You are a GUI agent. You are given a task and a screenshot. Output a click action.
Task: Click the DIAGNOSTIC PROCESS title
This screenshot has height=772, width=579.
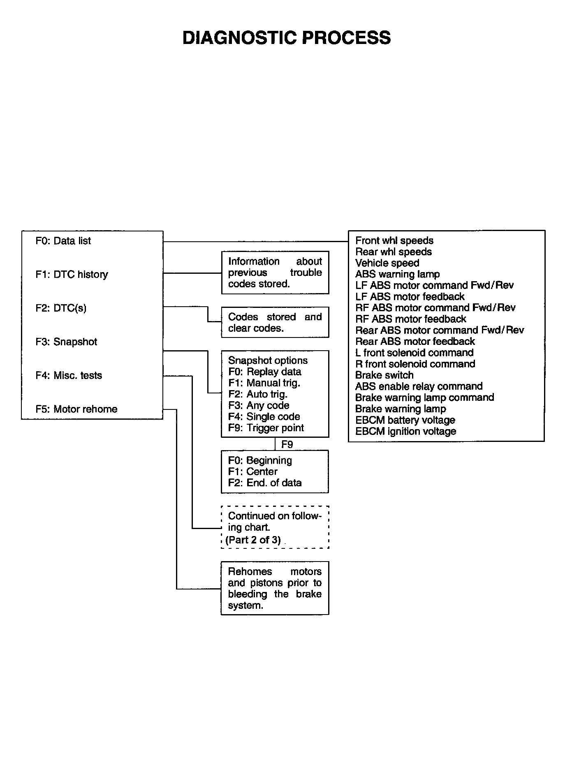(287, 38)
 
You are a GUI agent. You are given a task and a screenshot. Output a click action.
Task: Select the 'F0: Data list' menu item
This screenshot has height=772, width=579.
(63, 241)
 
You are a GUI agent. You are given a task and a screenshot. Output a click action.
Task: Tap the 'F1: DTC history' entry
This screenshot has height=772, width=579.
(72, 275)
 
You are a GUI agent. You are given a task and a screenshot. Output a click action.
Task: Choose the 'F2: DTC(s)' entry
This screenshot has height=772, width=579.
(61, 308)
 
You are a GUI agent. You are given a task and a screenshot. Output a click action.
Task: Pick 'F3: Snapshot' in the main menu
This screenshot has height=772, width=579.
(67, 342)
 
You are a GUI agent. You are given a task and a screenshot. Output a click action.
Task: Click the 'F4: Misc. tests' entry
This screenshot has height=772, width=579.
(69, 376)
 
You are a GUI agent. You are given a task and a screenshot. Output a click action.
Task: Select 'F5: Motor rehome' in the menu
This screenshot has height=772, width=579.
(76, 409)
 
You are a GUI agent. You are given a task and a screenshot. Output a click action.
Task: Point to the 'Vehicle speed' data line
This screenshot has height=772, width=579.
(387, 263)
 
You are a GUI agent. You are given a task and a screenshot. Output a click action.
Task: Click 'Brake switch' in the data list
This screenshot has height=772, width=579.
(384, 375)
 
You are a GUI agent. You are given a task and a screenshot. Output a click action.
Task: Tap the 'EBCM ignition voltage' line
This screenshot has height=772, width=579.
(406, 432)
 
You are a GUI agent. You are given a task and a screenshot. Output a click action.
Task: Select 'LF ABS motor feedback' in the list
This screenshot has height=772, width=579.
(410, 297)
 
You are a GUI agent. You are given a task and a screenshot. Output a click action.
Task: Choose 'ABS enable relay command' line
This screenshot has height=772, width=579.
(419, 386)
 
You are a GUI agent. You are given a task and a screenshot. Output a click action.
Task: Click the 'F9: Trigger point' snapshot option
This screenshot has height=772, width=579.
(266, 428)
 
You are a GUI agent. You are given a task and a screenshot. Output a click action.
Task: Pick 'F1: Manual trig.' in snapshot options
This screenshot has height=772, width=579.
(264, 383)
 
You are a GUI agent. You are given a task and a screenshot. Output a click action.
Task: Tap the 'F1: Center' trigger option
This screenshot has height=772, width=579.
(253, 472)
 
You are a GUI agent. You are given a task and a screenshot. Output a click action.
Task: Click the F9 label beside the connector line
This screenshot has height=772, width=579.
(287, 444)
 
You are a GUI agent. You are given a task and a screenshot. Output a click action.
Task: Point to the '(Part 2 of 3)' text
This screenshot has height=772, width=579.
(253, 540)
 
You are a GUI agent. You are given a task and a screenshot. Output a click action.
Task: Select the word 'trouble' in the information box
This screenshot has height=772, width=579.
(306, 273)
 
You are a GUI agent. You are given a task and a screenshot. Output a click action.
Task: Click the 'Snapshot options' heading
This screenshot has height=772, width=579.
(268, 361)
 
